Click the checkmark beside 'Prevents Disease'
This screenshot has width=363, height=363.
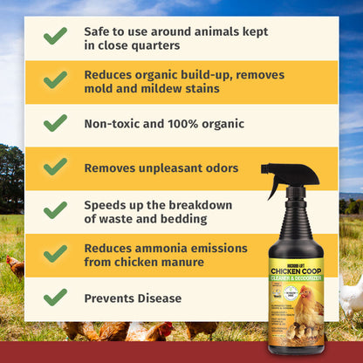click(55, 297)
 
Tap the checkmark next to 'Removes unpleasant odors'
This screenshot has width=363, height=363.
click(55, 167)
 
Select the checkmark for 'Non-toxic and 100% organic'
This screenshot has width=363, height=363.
click(55, 123)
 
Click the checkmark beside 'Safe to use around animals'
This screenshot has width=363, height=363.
click(55, 37)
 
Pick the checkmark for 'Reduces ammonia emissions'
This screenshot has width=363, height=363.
click(55, 253)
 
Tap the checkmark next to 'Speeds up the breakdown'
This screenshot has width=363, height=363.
click(55, 210)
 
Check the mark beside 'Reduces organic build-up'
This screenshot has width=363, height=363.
click(55, 80)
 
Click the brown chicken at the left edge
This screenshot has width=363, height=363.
click(15, 266)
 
